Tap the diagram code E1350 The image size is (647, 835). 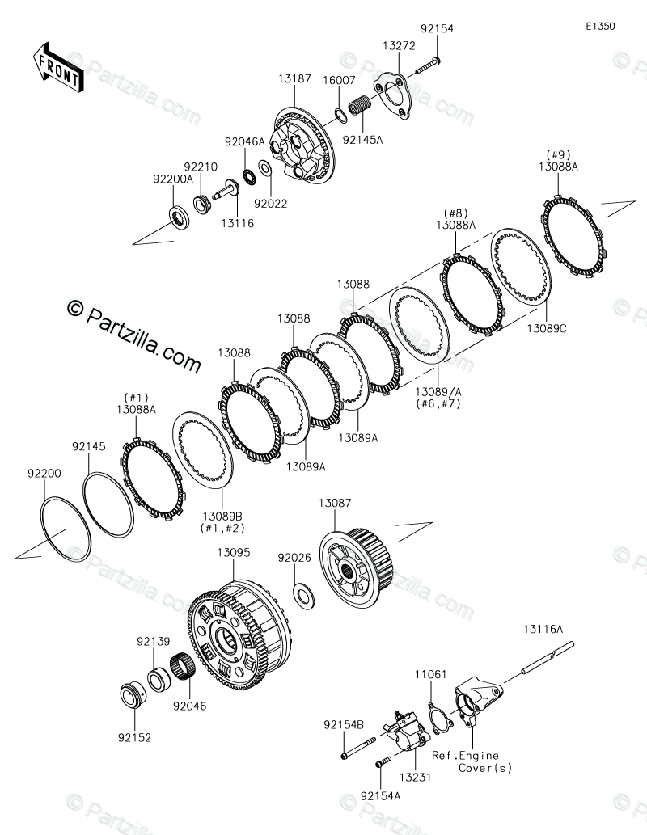(601, 26)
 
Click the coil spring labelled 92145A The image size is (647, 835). (358, 104)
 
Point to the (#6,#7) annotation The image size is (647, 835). (438, 403)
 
